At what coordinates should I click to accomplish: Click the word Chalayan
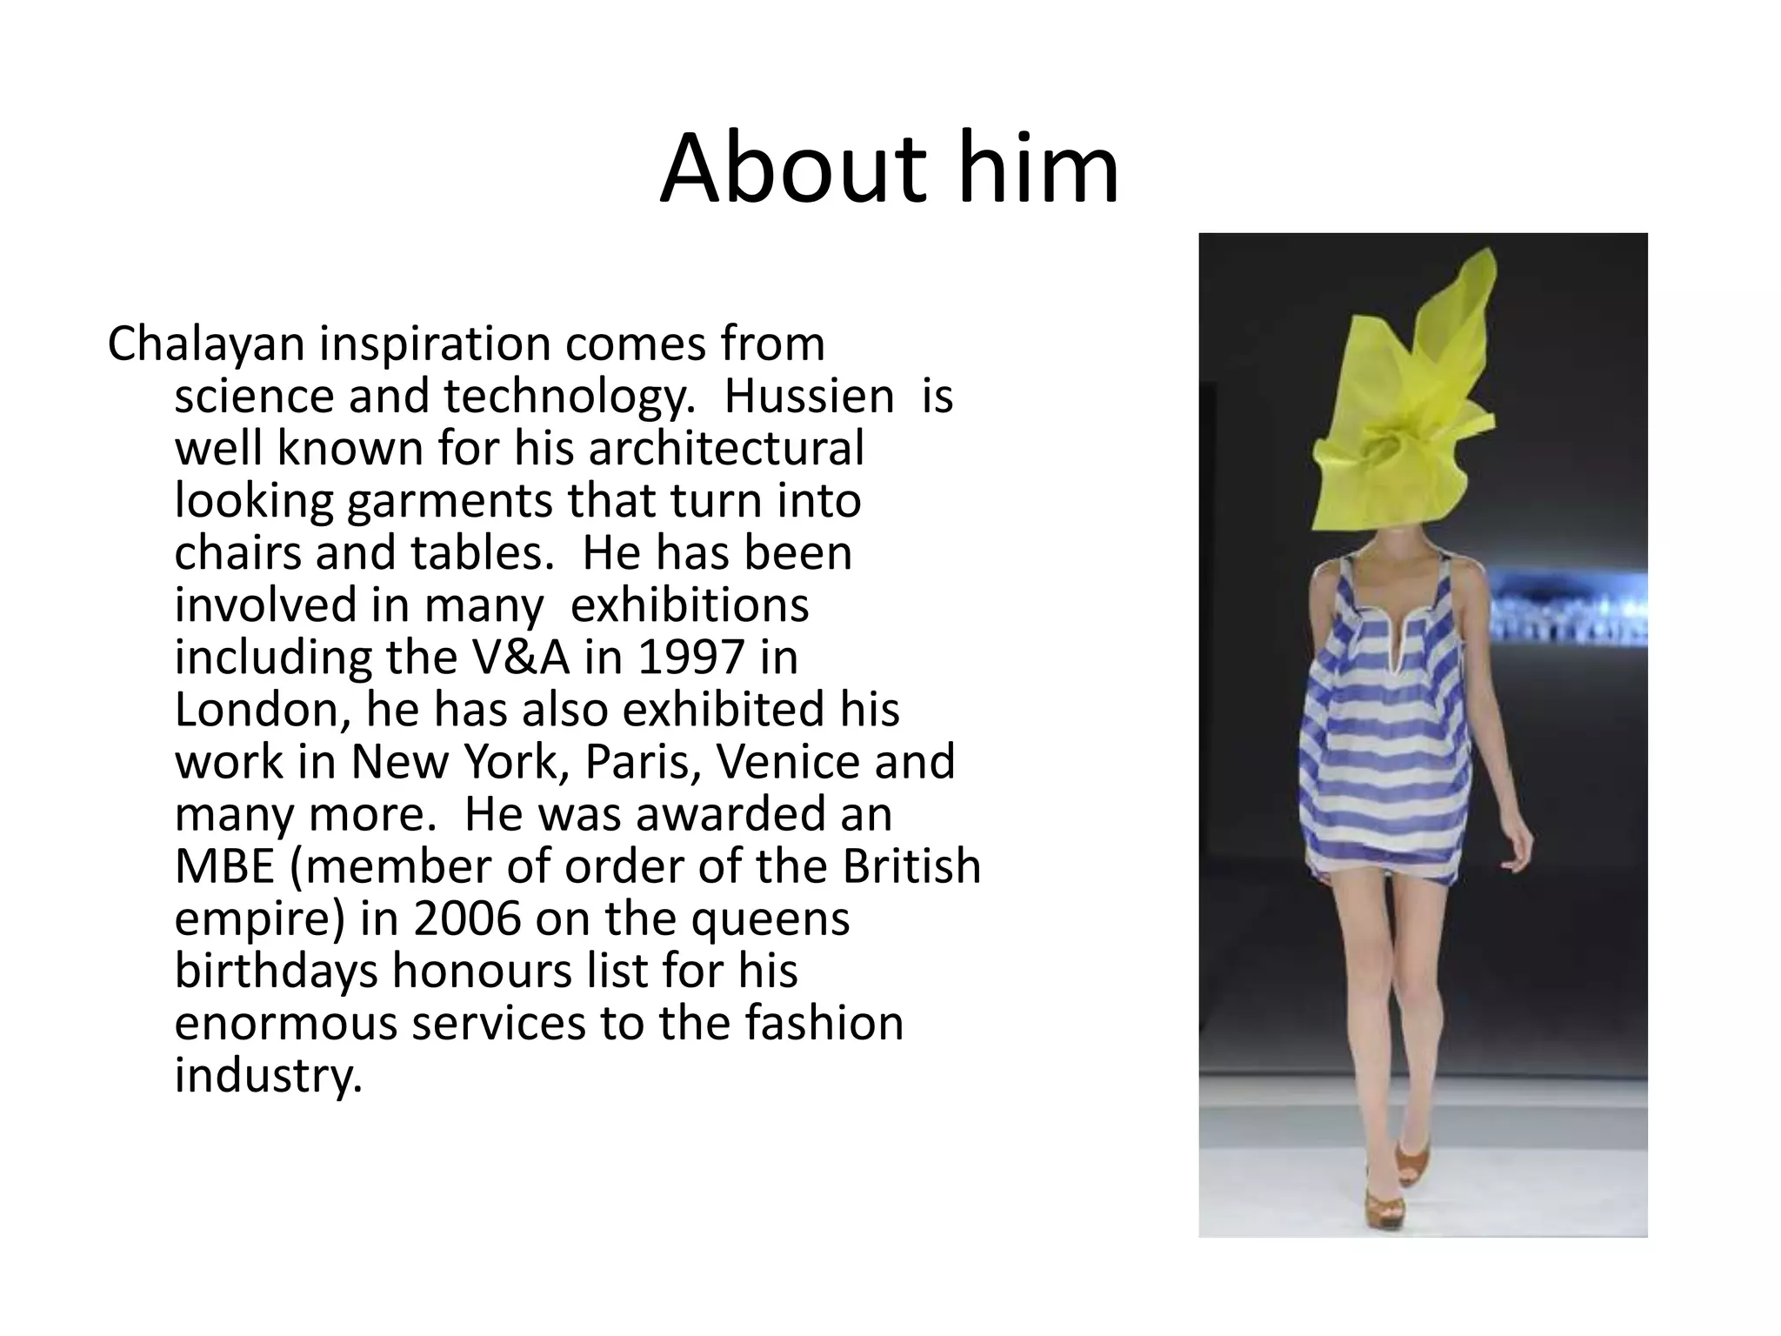[206, 344]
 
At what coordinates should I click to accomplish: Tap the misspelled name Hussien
[809, 397]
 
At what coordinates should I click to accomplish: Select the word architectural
[726, 449]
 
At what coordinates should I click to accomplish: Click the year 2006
[467, 918]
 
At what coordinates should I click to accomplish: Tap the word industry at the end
[267, 1076]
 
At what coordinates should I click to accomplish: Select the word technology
[570, 397]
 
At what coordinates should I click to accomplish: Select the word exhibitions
[689, 605]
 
